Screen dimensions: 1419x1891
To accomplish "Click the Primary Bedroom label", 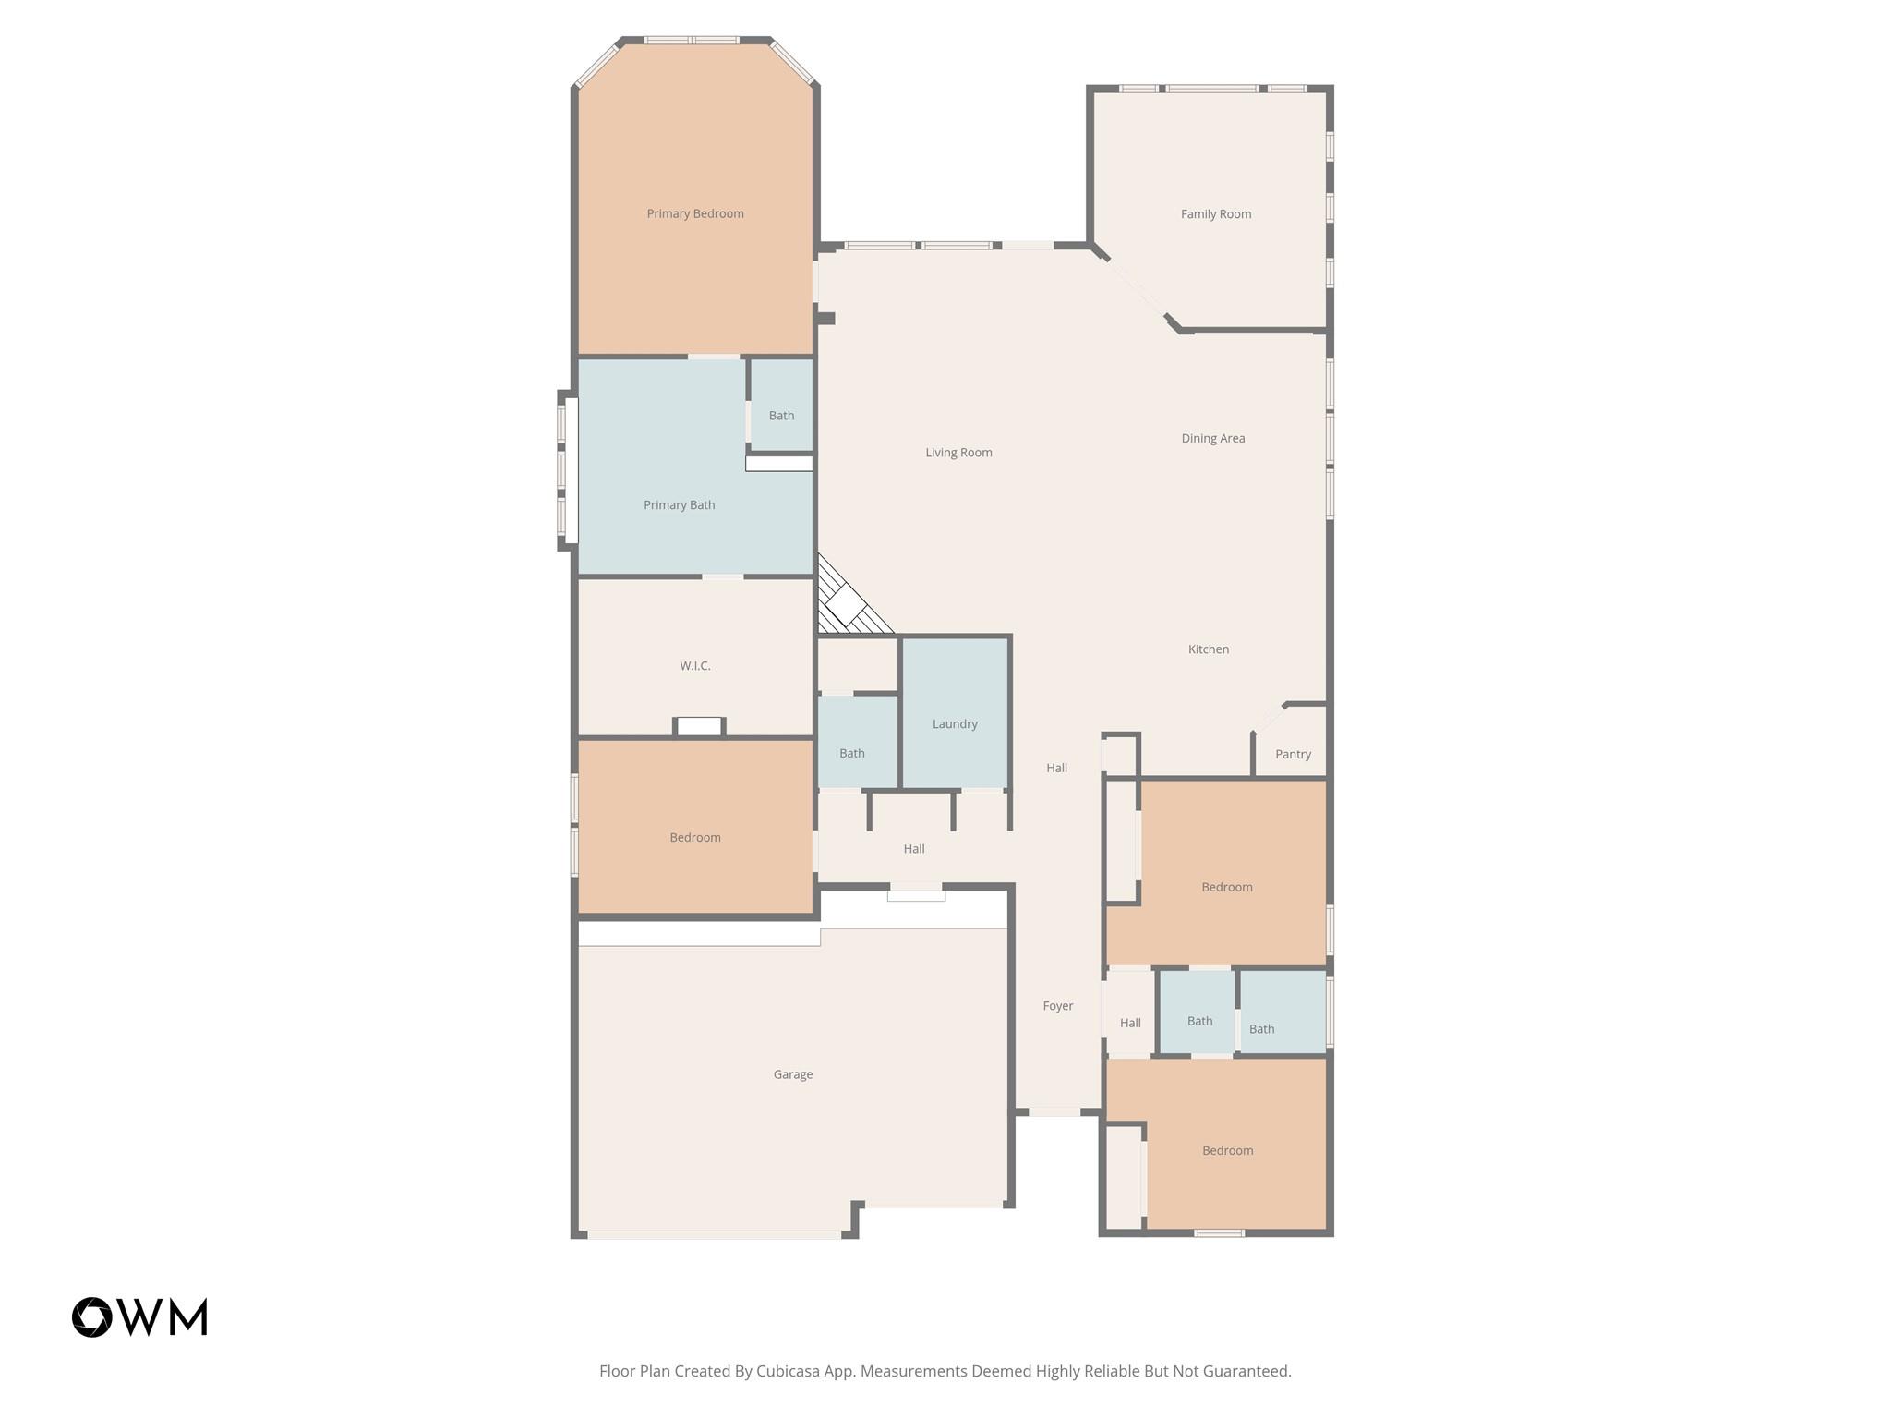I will click(x=694, y=213).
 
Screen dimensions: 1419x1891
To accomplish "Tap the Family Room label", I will click(x=1215, y=214).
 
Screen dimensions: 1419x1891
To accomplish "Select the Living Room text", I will click(x=958, y=453).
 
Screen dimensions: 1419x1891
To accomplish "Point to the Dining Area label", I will click(x=1212, y=438).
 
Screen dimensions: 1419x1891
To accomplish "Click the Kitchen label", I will click(x=1208, y=649).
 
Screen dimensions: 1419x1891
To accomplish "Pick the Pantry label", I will click(x=1293, y=754).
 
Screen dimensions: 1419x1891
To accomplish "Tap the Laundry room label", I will click(x=954, y=723).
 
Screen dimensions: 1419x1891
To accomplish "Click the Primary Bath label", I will click(x=679, y=504).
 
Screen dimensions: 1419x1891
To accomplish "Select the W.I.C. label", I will click(x=694, y=665).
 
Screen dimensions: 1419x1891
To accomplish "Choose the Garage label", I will click(x=792, y=1074).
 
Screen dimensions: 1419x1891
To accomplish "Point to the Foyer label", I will click(x=1057, y=1006).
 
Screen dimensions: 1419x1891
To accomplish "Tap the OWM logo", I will click(x=139, y=1316).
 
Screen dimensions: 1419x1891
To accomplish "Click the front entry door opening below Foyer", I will click(x=1054, y=1112).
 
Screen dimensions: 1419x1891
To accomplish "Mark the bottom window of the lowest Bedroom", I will click(x=1219, y=1232).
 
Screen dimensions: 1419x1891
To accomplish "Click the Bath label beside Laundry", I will click(x=851, y=753).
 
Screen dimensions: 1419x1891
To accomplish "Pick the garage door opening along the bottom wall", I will click(x=713, y=1234).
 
